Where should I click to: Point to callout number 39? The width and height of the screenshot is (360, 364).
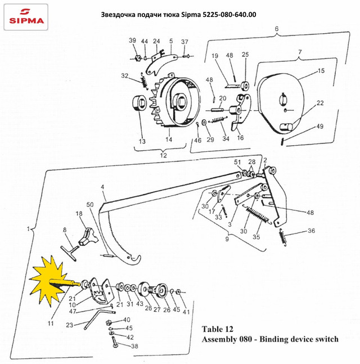[x=132, y=41]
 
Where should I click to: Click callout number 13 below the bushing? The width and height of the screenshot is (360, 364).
[x=142, y=141]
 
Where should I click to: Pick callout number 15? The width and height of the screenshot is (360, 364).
[x=321, y=71]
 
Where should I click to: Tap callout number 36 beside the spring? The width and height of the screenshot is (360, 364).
[x=312, y=231]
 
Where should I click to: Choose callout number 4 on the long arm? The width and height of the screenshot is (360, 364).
[x=103, y=186]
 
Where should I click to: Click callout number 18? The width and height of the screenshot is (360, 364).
[x=79, y=214]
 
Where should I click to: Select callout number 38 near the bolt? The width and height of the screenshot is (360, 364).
[x=134, y=347]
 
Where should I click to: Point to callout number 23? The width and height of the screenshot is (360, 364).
[x=69, y=325]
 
